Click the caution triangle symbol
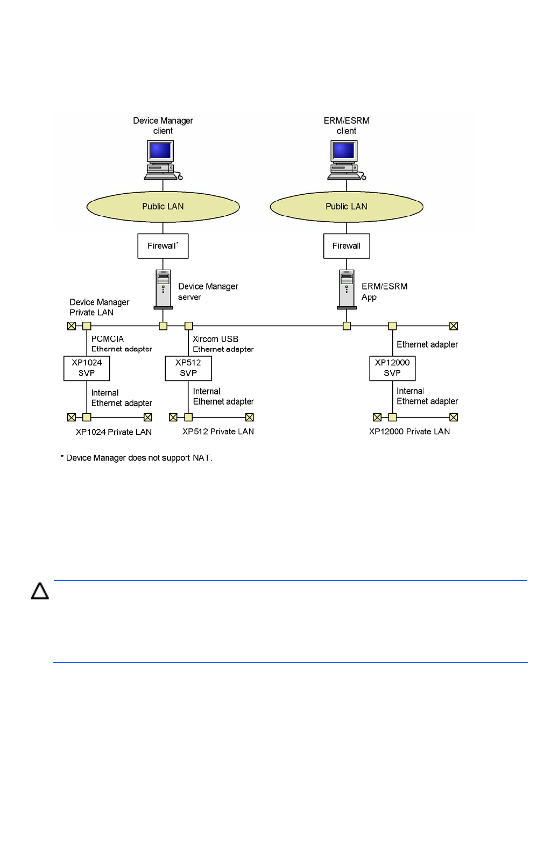(x=40, y=591)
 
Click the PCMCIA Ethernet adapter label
(x=122, y=343)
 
